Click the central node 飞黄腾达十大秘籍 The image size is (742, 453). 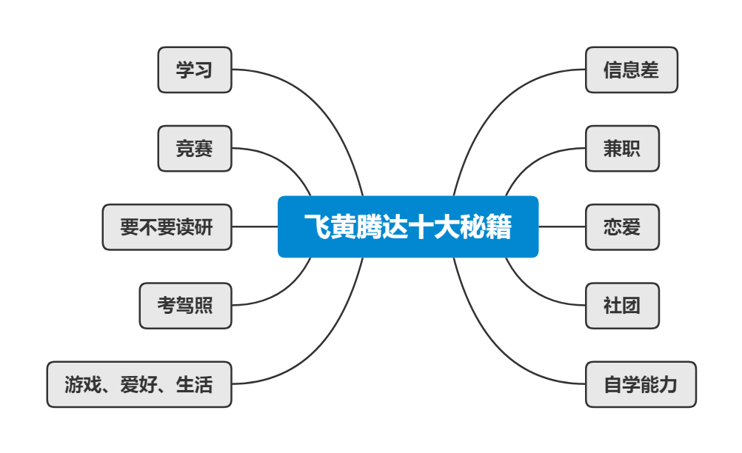(x=407, y=226)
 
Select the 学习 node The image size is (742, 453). (x=195, y=70)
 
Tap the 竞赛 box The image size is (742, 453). (x=195, y=149)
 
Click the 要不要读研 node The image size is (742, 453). (x=167, y=227)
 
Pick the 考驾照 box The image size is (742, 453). (x=185, y=306)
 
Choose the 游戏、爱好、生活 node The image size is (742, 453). (x=139, y=384)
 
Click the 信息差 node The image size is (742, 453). (x=631, y=70)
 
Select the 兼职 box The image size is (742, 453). (x=622, y=149)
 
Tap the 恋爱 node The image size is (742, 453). (x=622, y=227)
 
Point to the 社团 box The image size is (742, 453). (x=622, y=306)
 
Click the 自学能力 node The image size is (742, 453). (x=641, y=384)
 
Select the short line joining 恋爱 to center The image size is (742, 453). (x=561, y=226)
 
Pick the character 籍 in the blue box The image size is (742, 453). (x=500, y=226)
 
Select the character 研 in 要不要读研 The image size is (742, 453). (x=204, y=227)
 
